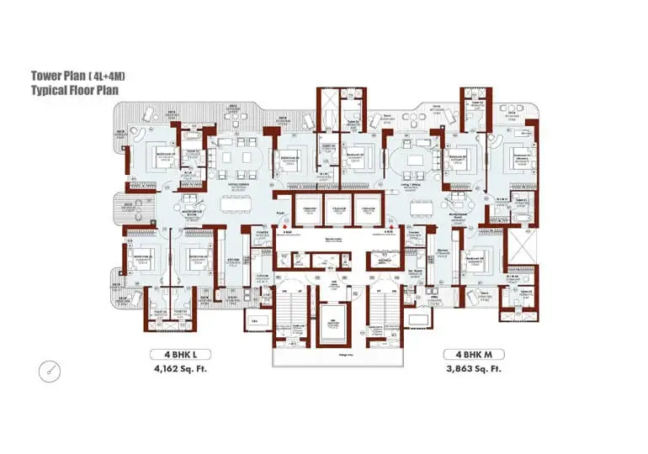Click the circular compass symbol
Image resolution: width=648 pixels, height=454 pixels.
(50, 369)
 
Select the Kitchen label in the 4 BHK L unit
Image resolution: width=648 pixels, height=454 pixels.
(235, 259)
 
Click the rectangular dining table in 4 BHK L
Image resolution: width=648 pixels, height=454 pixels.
(235, 203)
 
